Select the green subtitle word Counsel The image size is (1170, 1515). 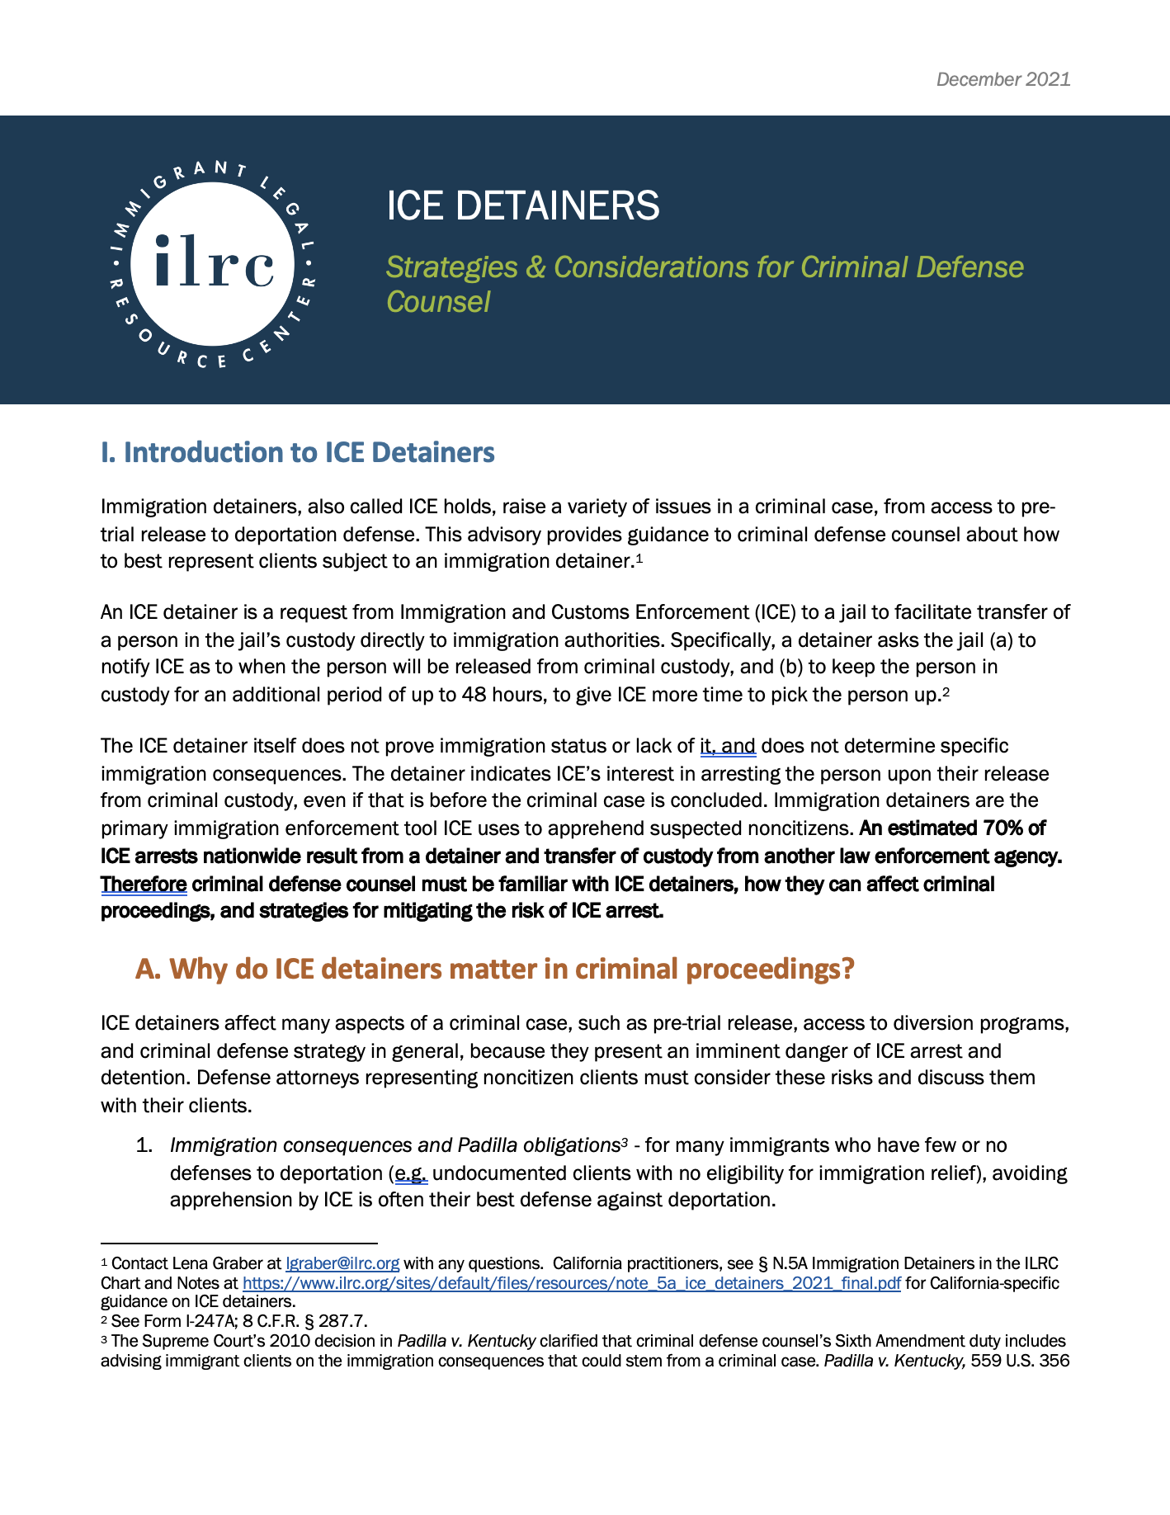[438, 302]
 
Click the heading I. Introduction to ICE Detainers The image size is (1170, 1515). [297, 452]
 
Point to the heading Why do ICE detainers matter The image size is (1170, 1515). [494, 968]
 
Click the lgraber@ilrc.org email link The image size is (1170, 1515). [342, 1263]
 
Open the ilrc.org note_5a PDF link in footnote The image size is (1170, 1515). [571, 1283]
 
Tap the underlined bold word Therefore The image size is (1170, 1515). [144, 885]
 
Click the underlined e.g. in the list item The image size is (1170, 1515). [411, 1173]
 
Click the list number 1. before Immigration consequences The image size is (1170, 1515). [145, 1145]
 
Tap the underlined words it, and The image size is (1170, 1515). [728, 746]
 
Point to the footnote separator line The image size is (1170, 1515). [238, 1242]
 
